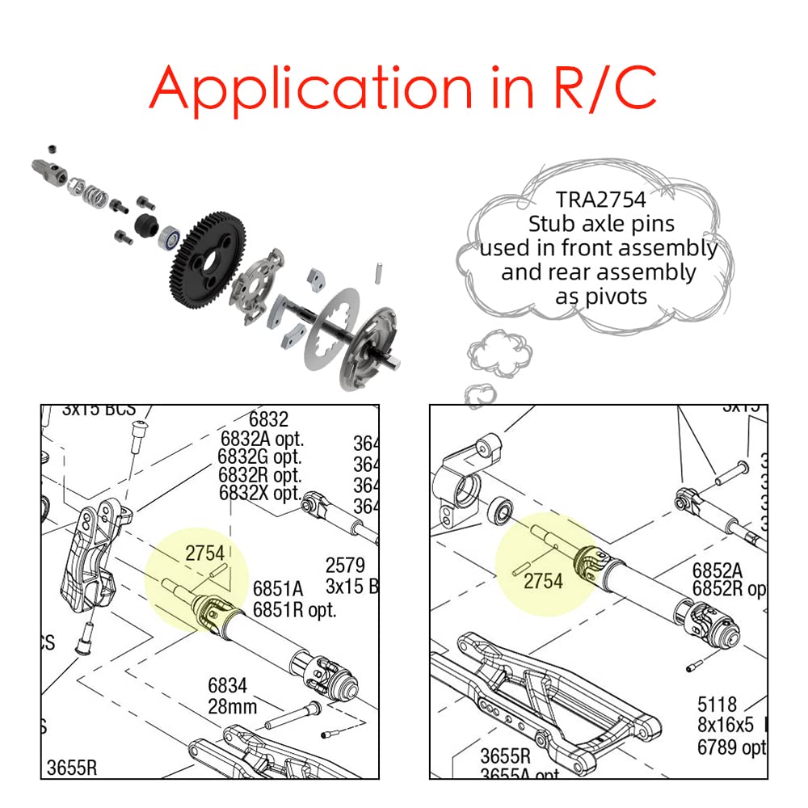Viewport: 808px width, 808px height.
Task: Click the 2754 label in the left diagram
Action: point(204,553)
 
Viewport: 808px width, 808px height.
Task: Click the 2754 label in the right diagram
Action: point(543,580)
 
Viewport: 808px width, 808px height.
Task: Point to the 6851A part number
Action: point(277,588)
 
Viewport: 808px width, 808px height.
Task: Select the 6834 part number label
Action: point(227,686)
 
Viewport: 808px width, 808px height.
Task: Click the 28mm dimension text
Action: point(232,707)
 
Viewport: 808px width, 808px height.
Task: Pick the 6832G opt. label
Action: point(259,457)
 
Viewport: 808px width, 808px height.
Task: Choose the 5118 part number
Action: point(717,704)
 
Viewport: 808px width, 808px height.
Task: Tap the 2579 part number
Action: point(345,565)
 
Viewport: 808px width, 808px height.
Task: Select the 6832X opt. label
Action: point(259,494)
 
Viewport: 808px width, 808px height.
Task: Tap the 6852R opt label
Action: point(727,590)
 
